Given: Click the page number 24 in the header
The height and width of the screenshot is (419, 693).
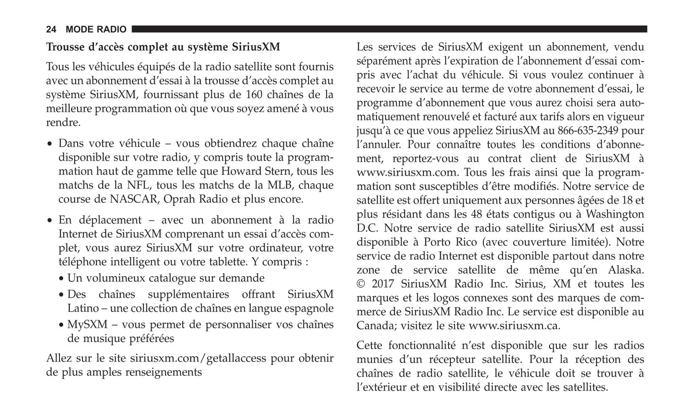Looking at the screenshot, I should point(51,30).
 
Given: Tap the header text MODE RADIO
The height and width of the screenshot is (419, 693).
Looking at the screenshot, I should point(96,30).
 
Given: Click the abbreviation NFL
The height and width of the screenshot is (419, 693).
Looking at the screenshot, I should point(136,185).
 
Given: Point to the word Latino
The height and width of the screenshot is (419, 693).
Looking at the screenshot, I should point(83,308).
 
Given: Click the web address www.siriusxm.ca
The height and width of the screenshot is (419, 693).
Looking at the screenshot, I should point(514,326).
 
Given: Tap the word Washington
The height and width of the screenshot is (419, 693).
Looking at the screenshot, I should point(615,214).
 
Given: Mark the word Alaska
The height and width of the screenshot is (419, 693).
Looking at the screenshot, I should point(626,270).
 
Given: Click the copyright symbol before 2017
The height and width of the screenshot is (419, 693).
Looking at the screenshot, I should point(361,284).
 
